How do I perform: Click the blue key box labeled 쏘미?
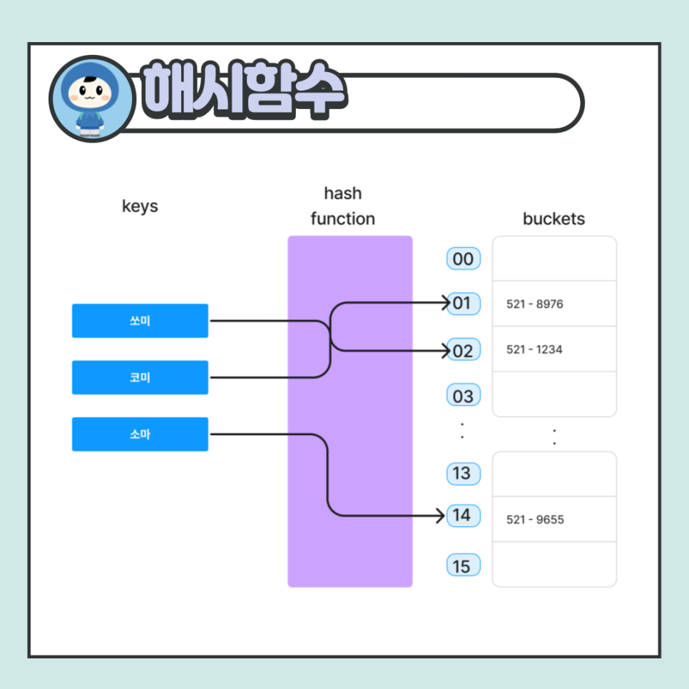[x=140, y=321]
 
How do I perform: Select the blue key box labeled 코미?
[x=140, y=377]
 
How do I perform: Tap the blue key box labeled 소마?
[x=140, y=434]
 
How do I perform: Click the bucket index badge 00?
[x=463, y=259]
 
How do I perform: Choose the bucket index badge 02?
[x=463, y=350]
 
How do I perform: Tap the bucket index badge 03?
[x=463, y=396]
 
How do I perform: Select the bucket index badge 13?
[x=462, y=473]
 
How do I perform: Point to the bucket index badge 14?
[x=462, y=515]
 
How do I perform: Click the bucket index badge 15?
[x=462, y=566]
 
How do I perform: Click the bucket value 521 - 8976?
[x=535, y=305]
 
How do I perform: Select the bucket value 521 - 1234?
[x=534, y=349]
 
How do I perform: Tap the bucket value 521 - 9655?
[x=535, y=520]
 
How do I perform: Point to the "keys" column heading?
[x=140, y=207]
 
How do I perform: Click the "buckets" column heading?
[x=553, y=219]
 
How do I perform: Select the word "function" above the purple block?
[x=342, y=219]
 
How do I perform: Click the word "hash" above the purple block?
[x=342, y=193]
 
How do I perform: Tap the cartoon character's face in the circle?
[x=91, y=93]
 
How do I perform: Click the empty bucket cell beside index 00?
[x=554, y=259]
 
